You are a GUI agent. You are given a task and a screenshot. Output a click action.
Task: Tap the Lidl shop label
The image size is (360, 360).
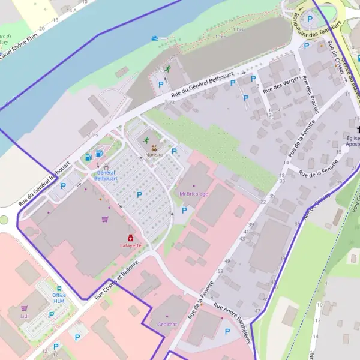pyautogui.click(x=25, y=316)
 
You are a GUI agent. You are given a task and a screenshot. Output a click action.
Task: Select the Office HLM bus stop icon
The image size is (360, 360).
pyautogui.click(x=59, y=288)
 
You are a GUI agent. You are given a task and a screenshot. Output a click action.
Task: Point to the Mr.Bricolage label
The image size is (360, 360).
pyautogui.click(x=194, y=194)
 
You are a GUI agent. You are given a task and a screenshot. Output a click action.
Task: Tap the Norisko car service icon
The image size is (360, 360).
pyautogui.click(x=154, y=148)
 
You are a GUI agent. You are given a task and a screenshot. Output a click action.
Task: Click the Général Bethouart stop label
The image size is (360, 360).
pyautogui.click(x=106, y=175)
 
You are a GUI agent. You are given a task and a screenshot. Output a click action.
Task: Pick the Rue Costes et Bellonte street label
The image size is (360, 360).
pyautogui.click(x=116, y=280)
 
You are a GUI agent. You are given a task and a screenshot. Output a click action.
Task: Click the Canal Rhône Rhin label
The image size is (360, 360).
pyautogui.click(x=24, y=45)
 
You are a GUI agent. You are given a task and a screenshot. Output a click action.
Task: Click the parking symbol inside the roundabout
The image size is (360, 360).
pyautogui.click(x=310, y=19)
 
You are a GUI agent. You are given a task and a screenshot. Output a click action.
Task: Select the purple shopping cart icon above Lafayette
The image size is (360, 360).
pyautogui.click(x=106, y=219)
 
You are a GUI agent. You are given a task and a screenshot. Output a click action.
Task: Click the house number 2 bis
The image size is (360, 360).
pyautogui.click(x=92, y=135)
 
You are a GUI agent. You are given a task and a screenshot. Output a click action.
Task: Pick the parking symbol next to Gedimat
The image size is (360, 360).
pyautogui.click(x=227, y=331)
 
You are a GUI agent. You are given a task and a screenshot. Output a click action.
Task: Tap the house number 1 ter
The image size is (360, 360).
pyautogui.click(x=221, y=37)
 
